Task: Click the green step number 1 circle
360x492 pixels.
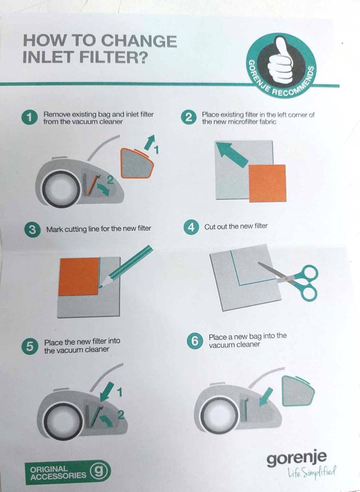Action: point(30,118)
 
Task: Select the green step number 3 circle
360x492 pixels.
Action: point(32,230)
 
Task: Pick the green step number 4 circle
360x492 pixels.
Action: point(191,227)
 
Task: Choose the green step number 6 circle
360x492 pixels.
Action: point(195,341)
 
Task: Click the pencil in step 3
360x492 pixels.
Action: point(126,266)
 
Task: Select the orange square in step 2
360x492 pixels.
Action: point(267,183)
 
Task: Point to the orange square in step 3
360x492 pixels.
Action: point(79,277)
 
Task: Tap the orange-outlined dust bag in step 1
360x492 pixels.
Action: point(137,163)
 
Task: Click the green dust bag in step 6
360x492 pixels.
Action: point(298,391)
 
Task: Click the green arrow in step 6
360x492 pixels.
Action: point(266,397)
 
